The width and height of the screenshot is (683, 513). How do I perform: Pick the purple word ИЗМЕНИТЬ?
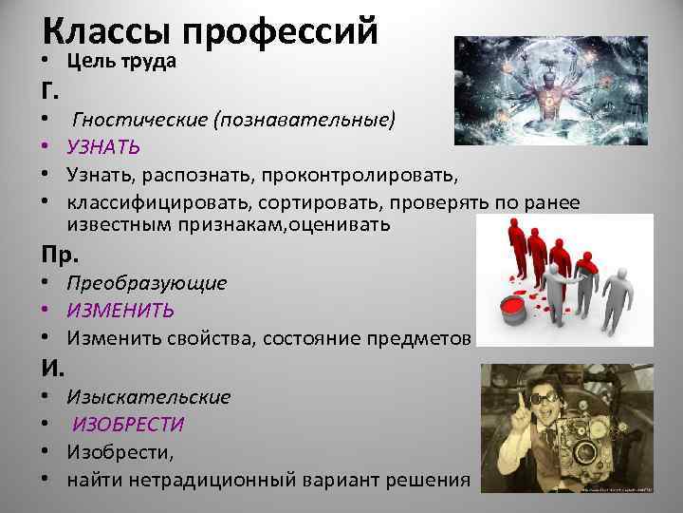(120, 310)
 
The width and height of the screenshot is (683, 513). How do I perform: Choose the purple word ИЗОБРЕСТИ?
(129, 425)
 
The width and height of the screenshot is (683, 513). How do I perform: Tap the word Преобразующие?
(146, 283)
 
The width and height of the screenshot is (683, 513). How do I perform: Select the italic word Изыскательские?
(148, 397)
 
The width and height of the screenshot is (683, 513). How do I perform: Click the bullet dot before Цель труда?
(46, 62)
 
